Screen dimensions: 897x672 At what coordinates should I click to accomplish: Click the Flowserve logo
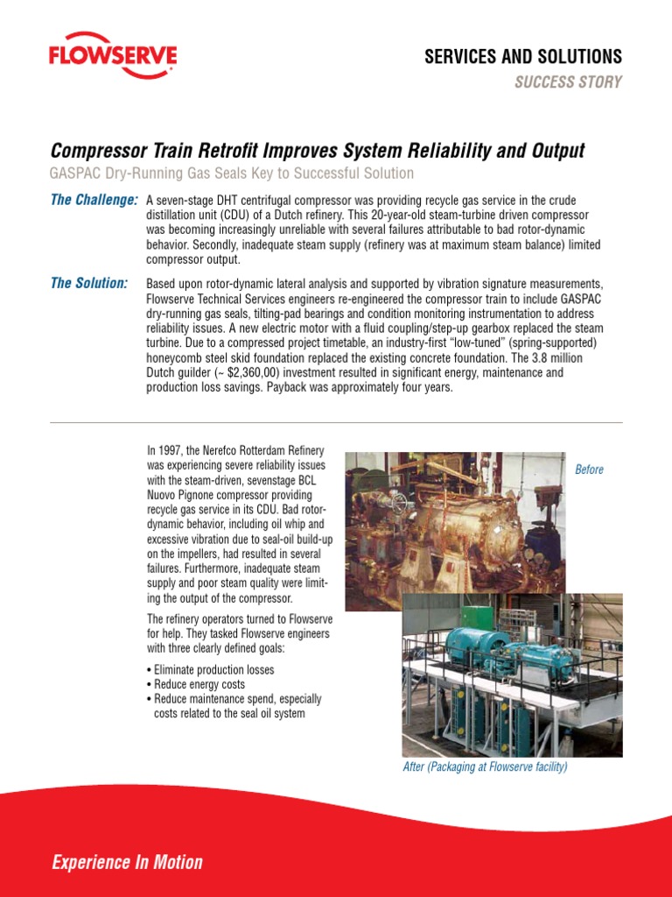(113, 59)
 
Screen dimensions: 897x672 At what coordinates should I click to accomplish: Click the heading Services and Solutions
(523, 57)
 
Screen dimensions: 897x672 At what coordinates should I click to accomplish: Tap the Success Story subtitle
(580, 82)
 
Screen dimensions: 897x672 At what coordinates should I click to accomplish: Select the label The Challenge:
(94, 201)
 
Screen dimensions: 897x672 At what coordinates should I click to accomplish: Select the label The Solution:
(89, 283)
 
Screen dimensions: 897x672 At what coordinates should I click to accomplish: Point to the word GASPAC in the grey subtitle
(77, 173)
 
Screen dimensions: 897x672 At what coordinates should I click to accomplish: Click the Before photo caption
(589, 470)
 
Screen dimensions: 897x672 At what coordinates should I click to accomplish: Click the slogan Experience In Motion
(128, 863)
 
